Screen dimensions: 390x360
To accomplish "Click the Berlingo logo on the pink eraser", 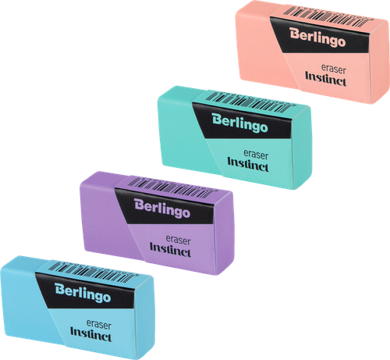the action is point(317,37).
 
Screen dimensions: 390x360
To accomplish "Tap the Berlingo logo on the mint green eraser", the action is point(239,123).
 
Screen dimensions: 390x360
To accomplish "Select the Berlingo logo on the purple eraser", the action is point(162,209).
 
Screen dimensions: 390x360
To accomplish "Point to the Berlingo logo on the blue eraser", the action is point(83,293).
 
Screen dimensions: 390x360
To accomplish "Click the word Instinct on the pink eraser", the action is point(326,79).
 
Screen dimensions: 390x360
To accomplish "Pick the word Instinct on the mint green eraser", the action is point(248,164).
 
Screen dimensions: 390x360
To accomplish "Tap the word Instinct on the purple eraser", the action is point(170,250).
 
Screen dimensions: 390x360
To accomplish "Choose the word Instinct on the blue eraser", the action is point(91,334).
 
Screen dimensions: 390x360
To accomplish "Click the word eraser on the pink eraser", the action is point(334,69).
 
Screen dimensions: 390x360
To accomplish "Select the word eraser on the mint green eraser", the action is point(256,155).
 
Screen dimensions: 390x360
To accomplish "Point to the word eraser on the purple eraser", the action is point(178,240).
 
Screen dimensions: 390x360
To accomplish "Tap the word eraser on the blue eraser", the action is point(99,325).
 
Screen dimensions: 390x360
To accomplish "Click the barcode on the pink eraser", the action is point(328,16).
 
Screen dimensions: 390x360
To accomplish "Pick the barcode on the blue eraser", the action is point(93,272).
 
